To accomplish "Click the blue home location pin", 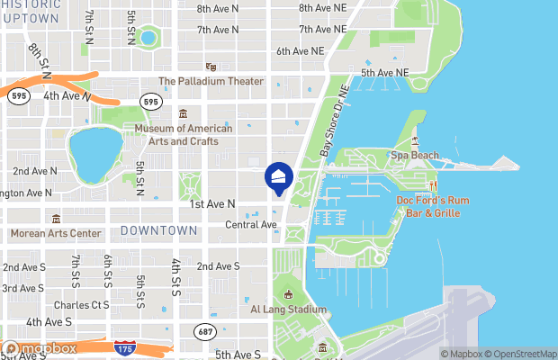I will point(279,176).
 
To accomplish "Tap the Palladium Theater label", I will point(211,82).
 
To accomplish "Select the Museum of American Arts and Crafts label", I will point(184,134).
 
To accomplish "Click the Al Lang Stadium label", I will point(288,309).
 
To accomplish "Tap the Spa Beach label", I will point(415,156).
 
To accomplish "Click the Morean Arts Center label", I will point(56,233).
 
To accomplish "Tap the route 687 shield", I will point(205,332).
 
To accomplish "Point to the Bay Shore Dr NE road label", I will point(332,122).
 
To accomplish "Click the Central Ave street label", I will point(250,225).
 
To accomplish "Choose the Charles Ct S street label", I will point(81,305).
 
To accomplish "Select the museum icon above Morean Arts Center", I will point(56,219).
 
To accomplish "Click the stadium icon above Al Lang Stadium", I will point(288,294).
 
